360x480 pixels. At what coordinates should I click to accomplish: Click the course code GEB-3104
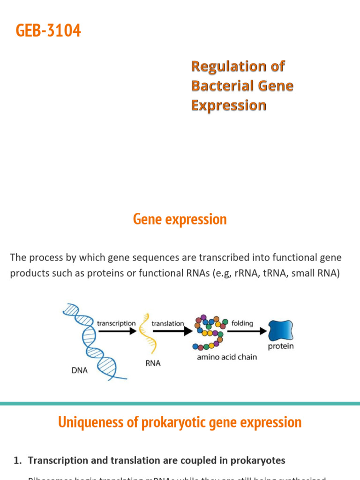(48, 31)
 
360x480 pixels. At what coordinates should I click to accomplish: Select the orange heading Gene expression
(180, 219)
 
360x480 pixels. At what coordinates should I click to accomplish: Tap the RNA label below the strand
(152, 363)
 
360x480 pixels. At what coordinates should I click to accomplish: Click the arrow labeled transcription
(116, 331)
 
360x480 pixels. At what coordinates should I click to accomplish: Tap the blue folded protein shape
(280, 330)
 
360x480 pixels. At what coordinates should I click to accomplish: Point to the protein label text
(280, 347)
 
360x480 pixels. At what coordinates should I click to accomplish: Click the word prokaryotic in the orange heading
(166, 422)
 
